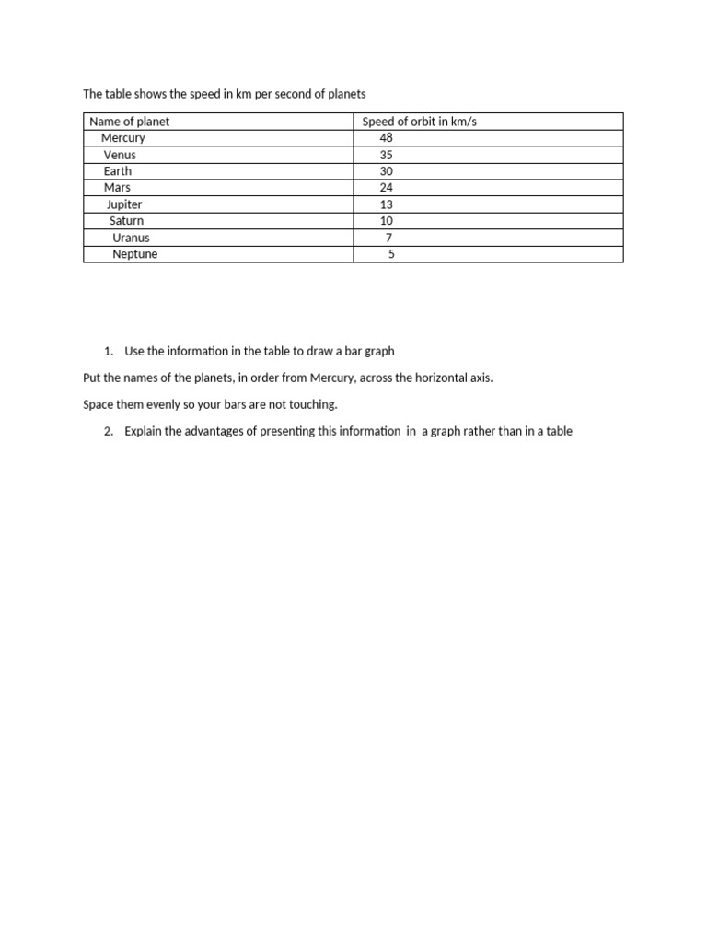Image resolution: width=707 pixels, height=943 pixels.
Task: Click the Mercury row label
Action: pyautogui.click(x=123, y=138)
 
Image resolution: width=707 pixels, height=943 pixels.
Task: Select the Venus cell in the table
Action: pyautogui.click(x=120, y=155)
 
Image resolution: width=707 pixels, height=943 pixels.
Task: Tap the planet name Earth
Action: pyautogui.click(x=118, y=171)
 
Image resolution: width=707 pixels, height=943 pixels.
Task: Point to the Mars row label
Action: pyautogui.click(x=117, y=188)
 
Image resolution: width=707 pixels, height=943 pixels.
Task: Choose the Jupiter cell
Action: pyautogui.click(x=124, y=204)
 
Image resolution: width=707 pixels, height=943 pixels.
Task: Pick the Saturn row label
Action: pyautogui.click(x=126, y=221)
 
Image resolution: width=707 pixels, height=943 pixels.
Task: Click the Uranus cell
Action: pyautogui.click(x=131, y=238)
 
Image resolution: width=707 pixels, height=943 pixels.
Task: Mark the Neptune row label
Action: pyautogui.click(x=134, y=254)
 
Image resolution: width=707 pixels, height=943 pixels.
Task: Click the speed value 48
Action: pyautogui.click(x=386, y=138)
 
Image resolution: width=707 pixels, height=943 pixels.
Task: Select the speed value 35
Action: pyautogui.click(x=386, y=155)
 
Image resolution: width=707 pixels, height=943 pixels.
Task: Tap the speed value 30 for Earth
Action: pyautogui.click(x=386, y=171)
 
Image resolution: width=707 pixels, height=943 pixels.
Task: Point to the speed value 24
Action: pyautogui.click(x=386, y=188)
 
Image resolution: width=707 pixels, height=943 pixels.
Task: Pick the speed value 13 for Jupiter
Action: pyautogui.click(x=386, y=204)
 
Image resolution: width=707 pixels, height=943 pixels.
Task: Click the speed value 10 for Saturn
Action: pyautogui.click(x=386, y=221)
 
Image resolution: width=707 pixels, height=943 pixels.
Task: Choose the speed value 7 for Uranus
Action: pyautogui.click(x=388, y=238)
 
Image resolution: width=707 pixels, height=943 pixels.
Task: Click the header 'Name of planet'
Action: pyautogui.click(x=130, y=122)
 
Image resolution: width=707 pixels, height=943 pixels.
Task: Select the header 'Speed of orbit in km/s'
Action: pyautogui.click(x=420, y=122)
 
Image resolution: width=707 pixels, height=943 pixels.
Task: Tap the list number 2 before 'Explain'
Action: pyautogui.click(x=108, y=431)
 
